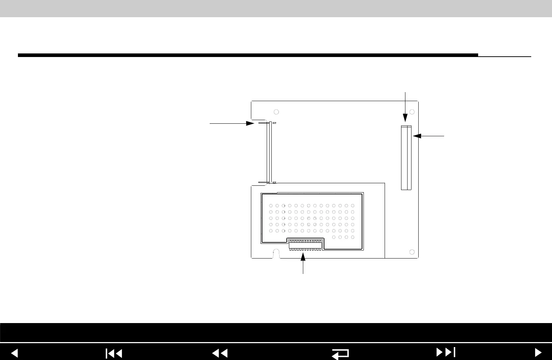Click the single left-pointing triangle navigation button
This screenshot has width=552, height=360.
click(x=14, y=353)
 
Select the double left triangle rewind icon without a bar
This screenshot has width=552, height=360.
click(x=220, y=354)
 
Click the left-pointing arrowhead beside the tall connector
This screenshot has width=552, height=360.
click(x=417, y=136)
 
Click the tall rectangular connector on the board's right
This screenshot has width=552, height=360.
click(x=406, y=158)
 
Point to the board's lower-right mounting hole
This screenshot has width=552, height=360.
click(x=412, y=252)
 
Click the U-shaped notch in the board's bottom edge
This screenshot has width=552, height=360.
click(x=276, y=254)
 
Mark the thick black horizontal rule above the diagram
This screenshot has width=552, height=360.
click(x=247, y=55)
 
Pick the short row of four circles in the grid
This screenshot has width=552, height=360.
click(x=343, y=237)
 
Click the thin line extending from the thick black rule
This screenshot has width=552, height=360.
click(x=504, y=56)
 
